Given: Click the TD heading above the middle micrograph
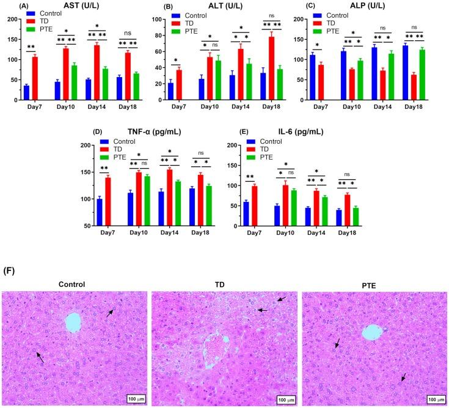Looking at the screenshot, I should [x=224, y=284].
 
